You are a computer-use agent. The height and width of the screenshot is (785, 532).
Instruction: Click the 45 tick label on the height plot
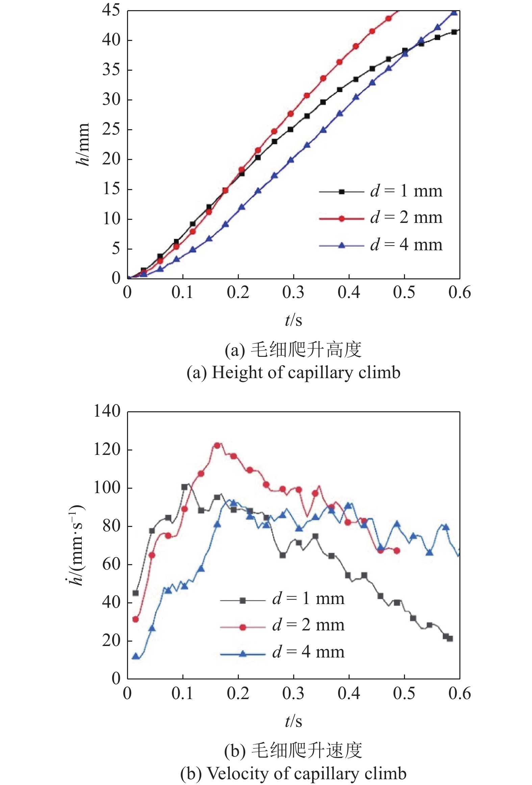[x=111, y=10]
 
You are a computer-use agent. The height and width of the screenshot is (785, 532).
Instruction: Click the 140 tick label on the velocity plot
[x=107, y=412]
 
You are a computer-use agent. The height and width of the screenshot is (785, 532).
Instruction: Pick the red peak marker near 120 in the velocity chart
[x=217, y=445]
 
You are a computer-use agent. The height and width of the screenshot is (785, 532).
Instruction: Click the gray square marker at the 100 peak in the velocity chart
[x=184, y=487]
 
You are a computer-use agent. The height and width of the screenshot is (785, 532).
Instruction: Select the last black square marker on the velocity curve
[x=450, y=639]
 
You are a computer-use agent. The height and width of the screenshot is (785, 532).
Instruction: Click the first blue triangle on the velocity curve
[x=136, y=656]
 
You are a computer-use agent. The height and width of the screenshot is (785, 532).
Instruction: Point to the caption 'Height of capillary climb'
[x=293, y=372]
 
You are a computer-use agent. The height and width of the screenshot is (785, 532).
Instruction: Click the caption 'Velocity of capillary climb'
[x=293, y=773]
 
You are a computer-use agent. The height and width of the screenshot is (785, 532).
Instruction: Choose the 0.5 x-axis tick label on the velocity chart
[x=404, y=693]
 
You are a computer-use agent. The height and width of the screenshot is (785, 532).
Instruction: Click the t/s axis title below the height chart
[x=293, y=320]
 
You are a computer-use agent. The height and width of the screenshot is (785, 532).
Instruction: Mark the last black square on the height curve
[x=454, y=32]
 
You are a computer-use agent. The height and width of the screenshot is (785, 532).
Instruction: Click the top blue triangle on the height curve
[x=454, y=13]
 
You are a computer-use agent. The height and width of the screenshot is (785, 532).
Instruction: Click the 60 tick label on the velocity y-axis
[x=111, y=564]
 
